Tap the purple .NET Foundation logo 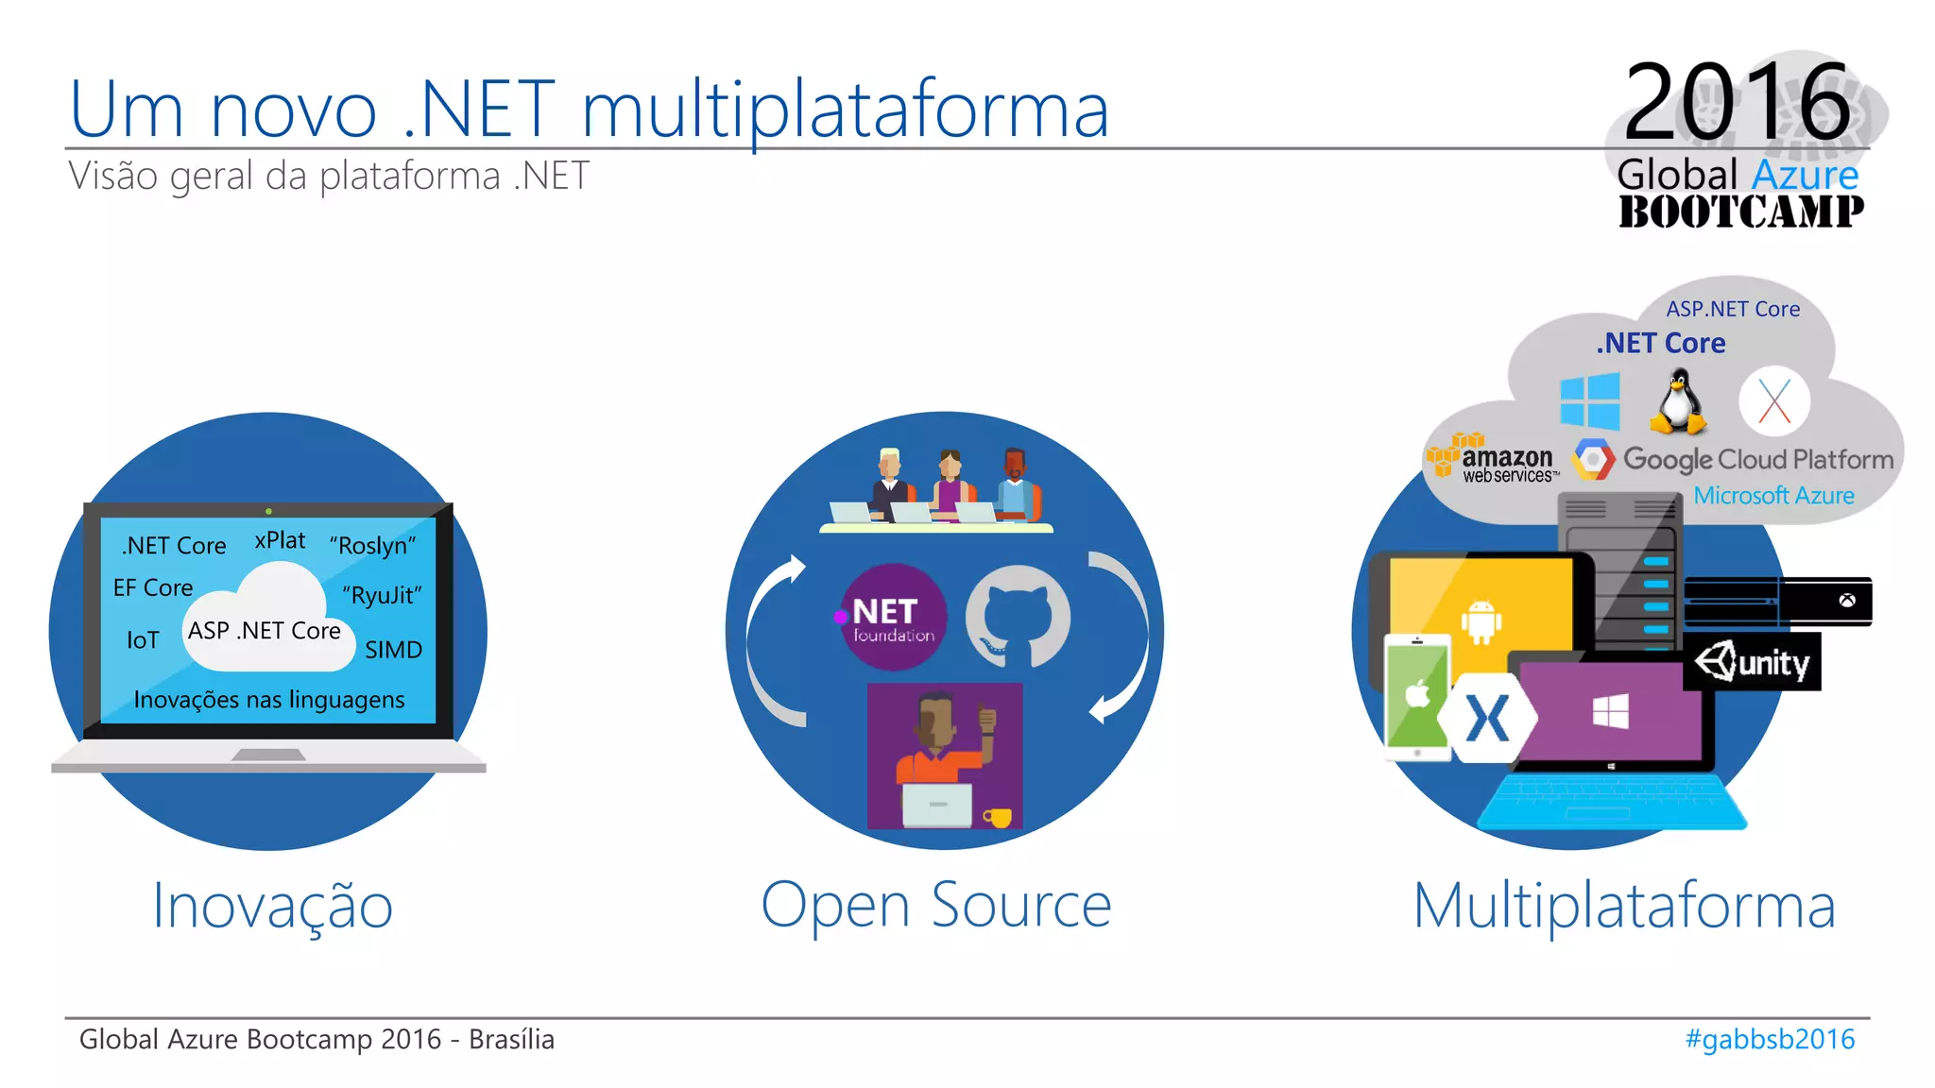point(892,618)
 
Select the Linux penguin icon point(1677,401)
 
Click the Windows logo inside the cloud point(1589,400)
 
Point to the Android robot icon point(1481,622)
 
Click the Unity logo point(1753,663)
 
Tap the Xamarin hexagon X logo point(1487,718)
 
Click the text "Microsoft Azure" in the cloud point(1773,495)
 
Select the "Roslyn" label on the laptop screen point(372,546)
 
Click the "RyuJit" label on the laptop point(382,595)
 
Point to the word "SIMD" point(393,650)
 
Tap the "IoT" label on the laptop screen point(143,640)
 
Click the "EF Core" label point(153,587)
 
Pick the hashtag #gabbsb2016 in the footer point(1770,1039)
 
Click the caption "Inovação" point(272,905)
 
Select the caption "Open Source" point(935,905)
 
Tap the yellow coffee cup point(998,817)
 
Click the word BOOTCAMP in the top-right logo point(1740,212)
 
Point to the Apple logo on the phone point(1417,695)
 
